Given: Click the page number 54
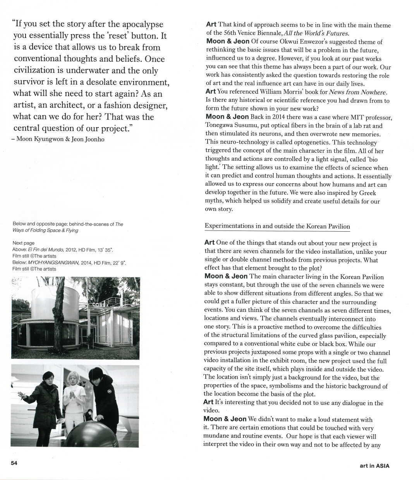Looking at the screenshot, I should coord(14,463).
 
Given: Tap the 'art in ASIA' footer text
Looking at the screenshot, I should coord(374,466).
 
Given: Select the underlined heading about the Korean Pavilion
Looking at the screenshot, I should coord(277,226).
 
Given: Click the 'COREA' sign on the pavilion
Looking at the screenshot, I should coord(100,305).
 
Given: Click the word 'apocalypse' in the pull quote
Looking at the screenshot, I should coord(143,24).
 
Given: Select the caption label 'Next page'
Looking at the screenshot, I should coord(24,243).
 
